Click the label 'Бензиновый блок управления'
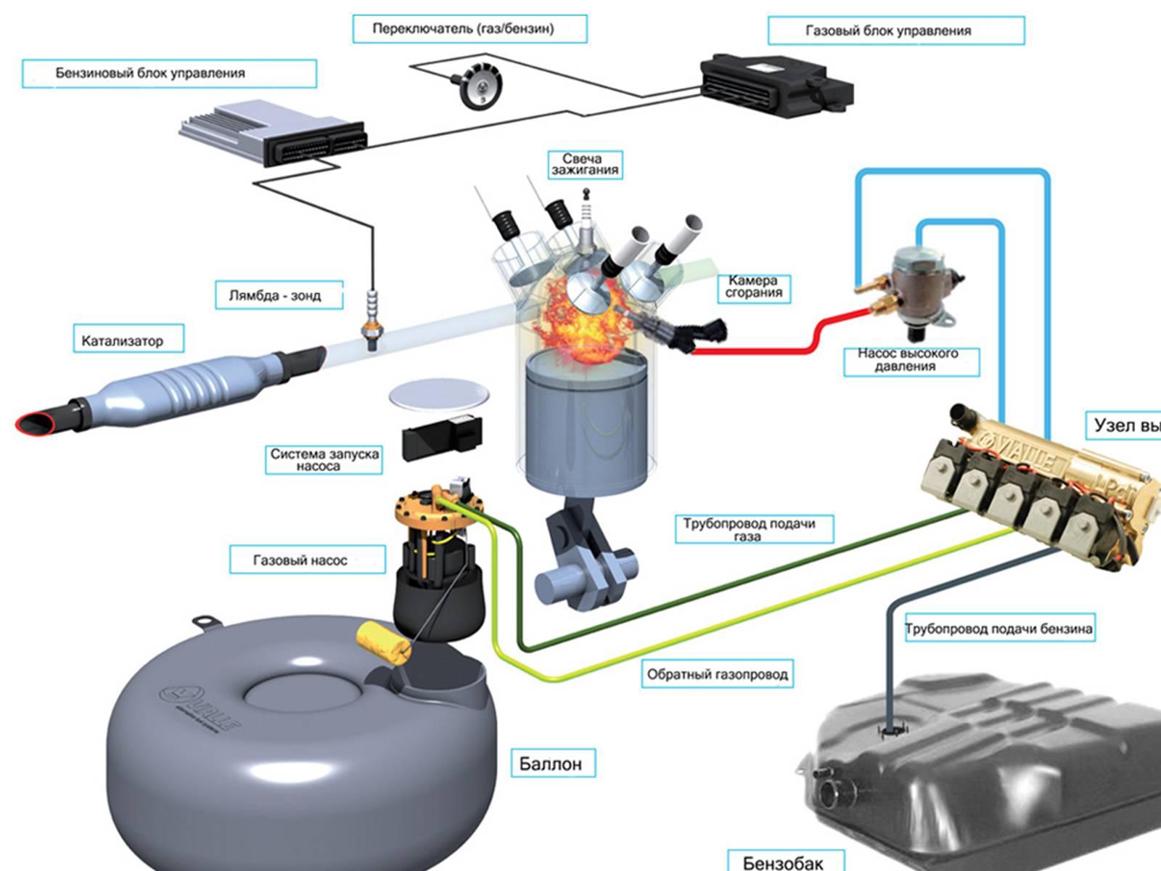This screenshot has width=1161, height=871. click(150, 73)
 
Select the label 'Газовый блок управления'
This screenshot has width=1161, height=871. click(887, 31)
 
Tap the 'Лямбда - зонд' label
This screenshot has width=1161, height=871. click(275, 295)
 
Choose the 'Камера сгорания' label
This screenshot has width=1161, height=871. click(754, 287)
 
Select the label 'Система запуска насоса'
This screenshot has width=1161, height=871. click(324, 459)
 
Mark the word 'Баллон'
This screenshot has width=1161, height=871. click(550, 764)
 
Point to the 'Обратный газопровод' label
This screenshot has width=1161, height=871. click(717, 674)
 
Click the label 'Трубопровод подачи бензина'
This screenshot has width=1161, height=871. click(998, 629)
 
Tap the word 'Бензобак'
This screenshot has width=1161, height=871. click(783, 862)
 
